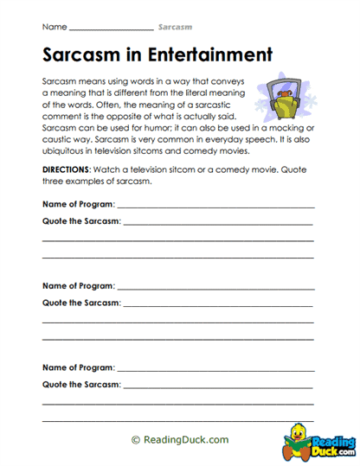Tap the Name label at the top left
click(51, 28)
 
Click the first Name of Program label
click(78, 205)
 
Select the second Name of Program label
click(78, 284)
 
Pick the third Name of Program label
click(78, 365)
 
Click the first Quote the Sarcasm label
click(81, 221)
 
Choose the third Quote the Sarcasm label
click(81, 382)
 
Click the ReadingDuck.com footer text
click(185, 439)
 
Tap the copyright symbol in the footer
click(135, 439)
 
